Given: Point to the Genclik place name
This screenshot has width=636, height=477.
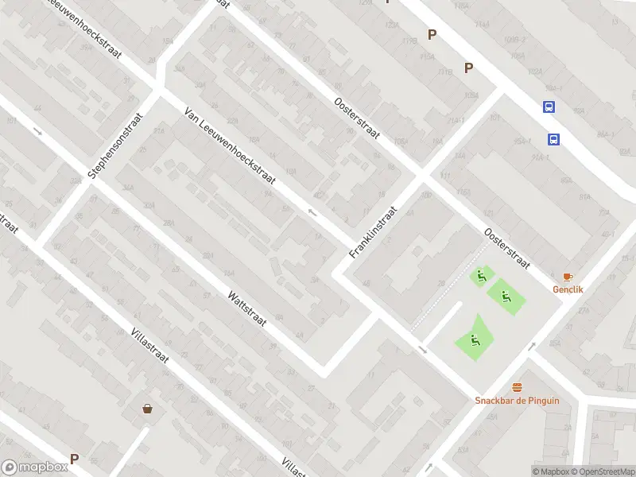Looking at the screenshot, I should pos(568,289).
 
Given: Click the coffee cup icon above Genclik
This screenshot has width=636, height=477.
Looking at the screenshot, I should pos(568,277).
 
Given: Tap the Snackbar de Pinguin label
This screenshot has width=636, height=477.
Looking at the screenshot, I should pos(517,400).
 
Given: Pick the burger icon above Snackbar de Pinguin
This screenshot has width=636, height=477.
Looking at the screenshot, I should pos(518,387).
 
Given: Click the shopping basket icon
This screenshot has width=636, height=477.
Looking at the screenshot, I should pos(147,409).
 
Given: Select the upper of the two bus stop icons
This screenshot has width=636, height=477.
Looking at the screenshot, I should pos(549,107).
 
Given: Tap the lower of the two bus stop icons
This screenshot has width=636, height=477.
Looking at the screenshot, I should pos(553,140).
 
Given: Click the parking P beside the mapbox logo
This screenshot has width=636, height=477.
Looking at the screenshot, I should pos(74,459).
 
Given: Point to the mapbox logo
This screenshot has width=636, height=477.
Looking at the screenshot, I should pos(34,467).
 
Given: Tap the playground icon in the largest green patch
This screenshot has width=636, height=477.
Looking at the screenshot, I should pos(474,342).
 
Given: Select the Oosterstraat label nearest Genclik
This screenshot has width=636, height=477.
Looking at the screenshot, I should pos(507,247).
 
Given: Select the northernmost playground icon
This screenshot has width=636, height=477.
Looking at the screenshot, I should pos(479,277).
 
